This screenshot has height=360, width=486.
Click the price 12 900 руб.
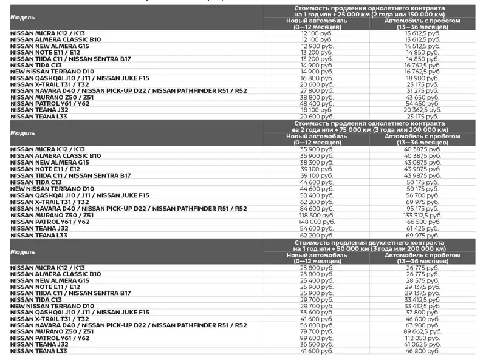click(x=317, y=46)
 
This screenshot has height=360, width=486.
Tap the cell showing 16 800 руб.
click(x=317, y=78)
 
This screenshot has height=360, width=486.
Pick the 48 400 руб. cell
click(x=317, y=103)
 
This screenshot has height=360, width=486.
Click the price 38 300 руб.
click(x=317, y=162)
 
